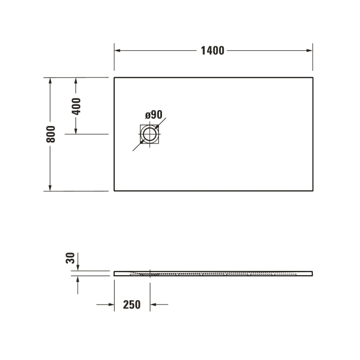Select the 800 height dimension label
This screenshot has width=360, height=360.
pos(50,134)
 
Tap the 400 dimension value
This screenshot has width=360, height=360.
pos(76,106)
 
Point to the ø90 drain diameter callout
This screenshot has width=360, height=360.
pos(154,115)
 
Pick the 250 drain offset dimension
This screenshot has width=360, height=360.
pos(132,304)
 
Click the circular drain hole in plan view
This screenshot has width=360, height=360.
pos(150,135)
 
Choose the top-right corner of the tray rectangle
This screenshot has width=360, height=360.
pos(313,78)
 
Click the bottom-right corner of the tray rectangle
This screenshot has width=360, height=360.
pos(313,191)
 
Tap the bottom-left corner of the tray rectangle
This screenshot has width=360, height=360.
pos(114,191)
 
